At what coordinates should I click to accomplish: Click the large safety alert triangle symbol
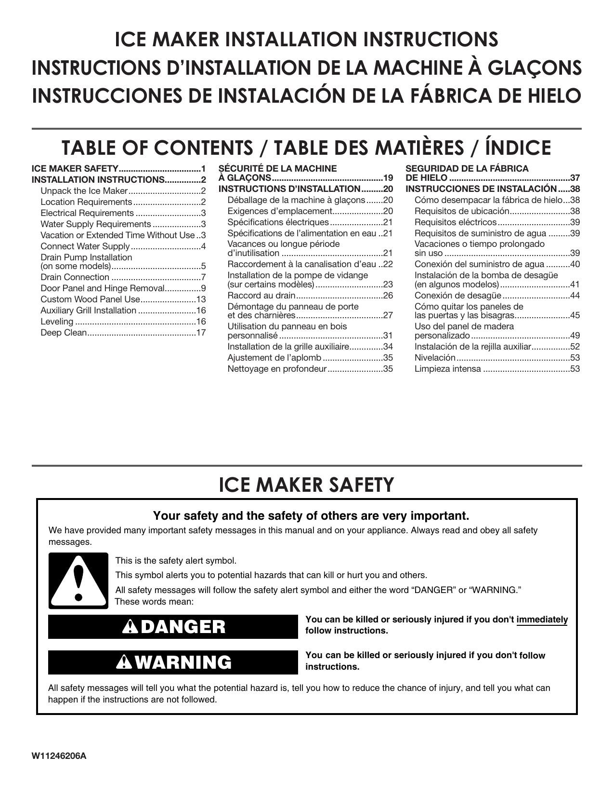78,581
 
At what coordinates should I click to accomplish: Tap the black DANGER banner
173,627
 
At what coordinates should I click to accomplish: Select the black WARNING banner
173,662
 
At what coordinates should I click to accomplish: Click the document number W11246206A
59,756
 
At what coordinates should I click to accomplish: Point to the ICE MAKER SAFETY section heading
306,485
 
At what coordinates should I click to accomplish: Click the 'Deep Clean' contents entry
64,333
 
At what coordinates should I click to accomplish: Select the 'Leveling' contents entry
57,322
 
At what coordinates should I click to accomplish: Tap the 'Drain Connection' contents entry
75,277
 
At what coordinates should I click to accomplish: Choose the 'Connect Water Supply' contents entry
85,246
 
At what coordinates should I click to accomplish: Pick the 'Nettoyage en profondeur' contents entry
277,369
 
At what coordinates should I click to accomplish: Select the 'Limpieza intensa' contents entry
447,369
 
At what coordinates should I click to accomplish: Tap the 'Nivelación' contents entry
434,358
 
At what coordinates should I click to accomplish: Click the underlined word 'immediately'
542,620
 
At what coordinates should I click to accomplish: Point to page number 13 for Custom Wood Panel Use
201,299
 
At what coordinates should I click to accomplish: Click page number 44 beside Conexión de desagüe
575,296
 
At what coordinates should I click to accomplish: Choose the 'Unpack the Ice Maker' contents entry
83,191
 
